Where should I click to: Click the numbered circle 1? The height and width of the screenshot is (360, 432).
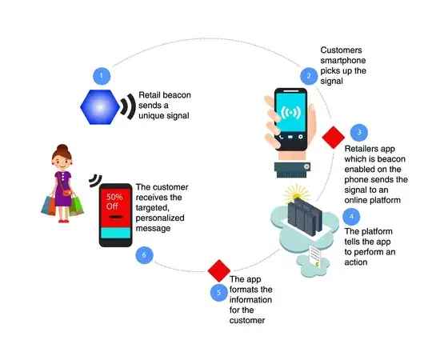pos(100,76)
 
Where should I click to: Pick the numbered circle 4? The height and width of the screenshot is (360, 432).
pos(349,216)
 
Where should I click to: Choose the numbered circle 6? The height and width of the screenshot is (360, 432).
pos(143,256)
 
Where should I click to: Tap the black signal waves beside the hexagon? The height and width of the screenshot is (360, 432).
pos(126,108)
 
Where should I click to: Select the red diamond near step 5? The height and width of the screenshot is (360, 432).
pos(218,268)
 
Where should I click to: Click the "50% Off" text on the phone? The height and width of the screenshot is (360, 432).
pos(115,200)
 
